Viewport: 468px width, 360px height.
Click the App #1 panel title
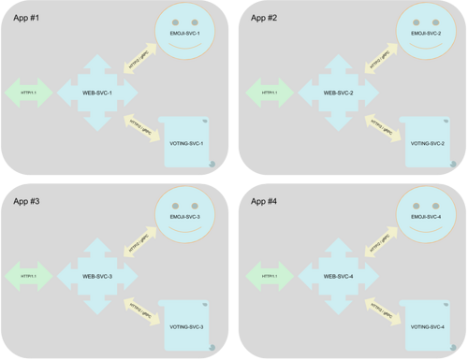coord(27,18)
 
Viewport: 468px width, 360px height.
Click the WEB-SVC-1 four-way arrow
coord(97,93)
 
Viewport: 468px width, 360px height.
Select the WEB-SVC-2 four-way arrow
coord(336,93)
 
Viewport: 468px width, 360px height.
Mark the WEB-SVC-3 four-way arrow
coord(97,276)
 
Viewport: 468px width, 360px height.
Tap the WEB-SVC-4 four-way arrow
coord(336,276)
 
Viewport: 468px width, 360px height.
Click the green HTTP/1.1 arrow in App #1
coord(28,93)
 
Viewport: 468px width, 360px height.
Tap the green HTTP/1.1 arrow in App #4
coord(268,276)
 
